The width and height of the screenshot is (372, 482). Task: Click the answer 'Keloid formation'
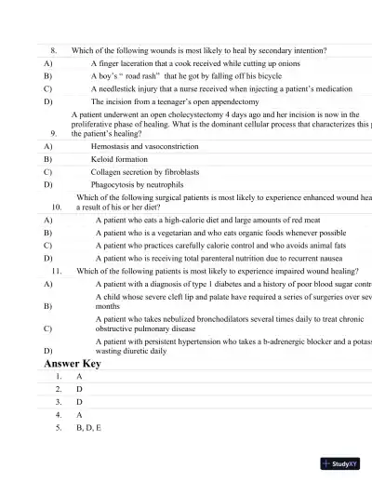pos(119,159)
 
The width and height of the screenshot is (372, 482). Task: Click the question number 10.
pos(57,208)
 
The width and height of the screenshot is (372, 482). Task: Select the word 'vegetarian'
pos(171,233)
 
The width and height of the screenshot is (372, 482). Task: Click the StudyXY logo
pos(340,462)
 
